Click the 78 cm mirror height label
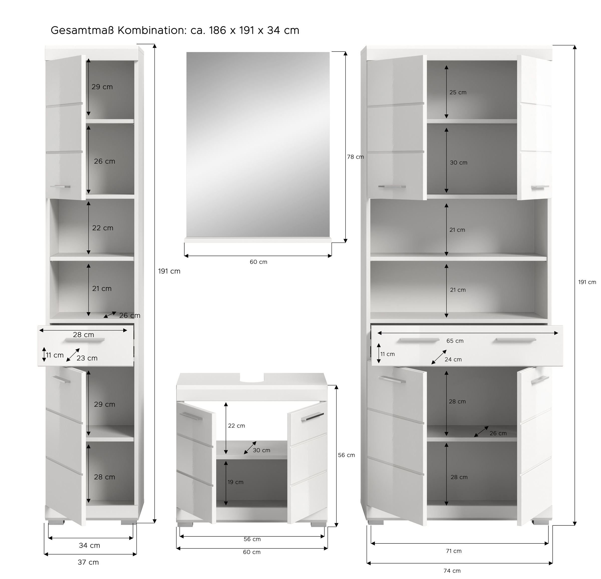(x=355, y=157)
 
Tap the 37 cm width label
(x=88, y=562)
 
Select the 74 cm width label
(x=452, y=571)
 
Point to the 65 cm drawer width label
(x=455, y=341)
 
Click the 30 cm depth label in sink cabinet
(x=261, y=450)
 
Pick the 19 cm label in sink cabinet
(x=235, y=482)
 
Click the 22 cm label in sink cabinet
(x=236, y=426)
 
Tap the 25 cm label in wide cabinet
(x=458, y=92)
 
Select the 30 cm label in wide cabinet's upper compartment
(x=459, y=163)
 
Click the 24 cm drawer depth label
(x=453, y=359)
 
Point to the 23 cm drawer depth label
(x=87, y=358)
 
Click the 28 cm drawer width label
(x=83, y=335)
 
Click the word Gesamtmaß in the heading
(x=82, y=30)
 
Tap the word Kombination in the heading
(x=151, y=30)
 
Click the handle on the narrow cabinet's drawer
(x=85, y=340)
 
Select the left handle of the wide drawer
(x=419, y=340)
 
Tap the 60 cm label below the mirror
(x=258, y=262)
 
